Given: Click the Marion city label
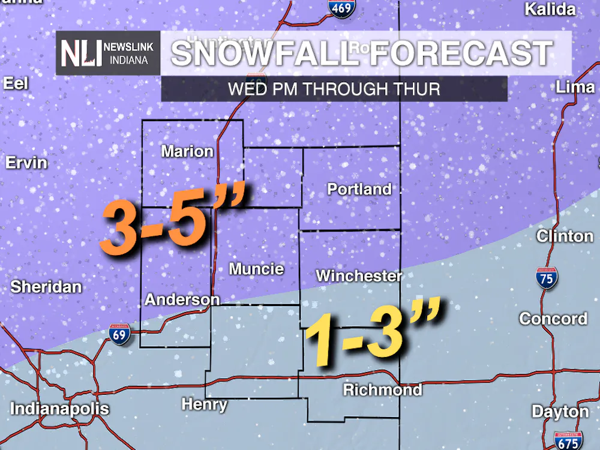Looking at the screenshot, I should click(187, 151).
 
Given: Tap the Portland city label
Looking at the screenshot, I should click(359, 190).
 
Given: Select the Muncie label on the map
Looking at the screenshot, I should click(256, 269).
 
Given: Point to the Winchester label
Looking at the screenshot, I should click(359, 276).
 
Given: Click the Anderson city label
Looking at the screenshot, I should click(182, 299).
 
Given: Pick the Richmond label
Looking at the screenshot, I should click(382, 390).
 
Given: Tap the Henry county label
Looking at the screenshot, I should click(204, 404).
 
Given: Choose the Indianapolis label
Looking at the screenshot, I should click(60, 410).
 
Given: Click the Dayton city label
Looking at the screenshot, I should click(560, 412).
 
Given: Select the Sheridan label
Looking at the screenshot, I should click(46, 287).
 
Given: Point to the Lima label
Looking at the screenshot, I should click(575, 87).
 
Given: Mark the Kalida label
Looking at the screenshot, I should click(550, 10).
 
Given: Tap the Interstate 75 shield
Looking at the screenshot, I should click(546, 279).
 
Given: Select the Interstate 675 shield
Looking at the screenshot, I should click(567, 440).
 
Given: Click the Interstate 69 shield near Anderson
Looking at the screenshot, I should click(120, 334).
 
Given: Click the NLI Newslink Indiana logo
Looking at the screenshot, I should click(109, 53).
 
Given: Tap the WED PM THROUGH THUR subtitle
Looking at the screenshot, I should click(334, 89).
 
